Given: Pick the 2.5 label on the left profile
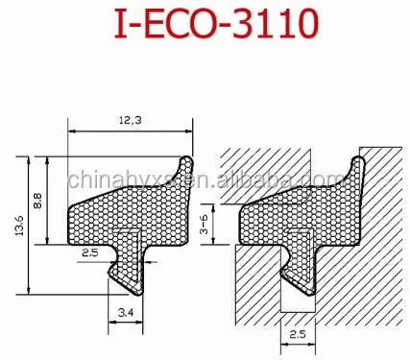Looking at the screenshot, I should pyautogui.click(x=88, y=252).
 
